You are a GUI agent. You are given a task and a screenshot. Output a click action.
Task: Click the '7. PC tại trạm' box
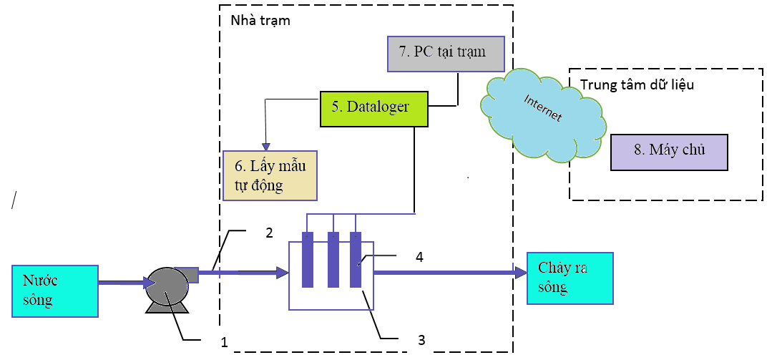(446, 53)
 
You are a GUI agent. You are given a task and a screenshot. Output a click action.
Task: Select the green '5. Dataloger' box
(373, 108)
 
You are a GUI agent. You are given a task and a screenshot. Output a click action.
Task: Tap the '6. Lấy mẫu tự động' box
(270, 175)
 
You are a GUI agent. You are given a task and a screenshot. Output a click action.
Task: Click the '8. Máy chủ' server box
(668, 152)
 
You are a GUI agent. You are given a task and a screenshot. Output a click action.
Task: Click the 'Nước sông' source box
(55, 291)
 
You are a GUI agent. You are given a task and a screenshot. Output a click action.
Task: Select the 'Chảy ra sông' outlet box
(570, 278)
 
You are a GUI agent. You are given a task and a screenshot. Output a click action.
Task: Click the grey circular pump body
(165, 288)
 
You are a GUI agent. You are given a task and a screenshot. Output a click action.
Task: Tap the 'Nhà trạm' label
(260, 21)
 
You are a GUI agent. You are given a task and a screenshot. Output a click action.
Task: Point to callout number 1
(224, 343)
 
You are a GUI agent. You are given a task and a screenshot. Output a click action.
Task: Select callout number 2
(270, 233)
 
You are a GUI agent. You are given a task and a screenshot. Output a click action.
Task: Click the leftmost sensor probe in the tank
(308, 260)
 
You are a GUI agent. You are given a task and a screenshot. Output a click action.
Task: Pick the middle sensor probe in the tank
(333, 260)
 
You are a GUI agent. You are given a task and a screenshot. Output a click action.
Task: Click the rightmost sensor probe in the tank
(356, 260)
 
